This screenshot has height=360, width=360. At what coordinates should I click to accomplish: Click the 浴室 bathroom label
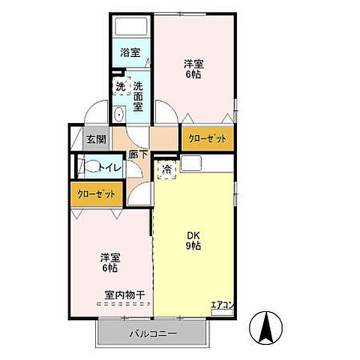click(130, 52)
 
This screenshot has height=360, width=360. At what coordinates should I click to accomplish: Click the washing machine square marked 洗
click(120, 85)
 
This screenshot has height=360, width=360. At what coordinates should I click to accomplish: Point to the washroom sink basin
click(118, 115)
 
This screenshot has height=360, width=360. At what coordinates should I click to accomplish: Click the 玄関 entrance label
click(96, 139)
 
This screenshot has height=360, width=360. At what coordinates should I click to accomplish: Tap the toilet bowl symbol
click(88, 167)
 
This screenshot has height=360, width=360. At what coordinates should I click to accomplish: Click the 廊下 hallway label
click(137, 154)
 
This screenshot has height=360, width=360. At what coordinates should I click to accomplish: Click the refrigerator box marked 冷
click(166, 169)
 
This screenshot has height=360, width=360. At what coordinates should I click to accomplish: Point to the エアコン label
click(222, 304)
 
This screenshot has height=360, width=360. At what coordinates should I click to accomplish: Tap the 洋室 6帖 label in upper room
click(193, 67)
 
